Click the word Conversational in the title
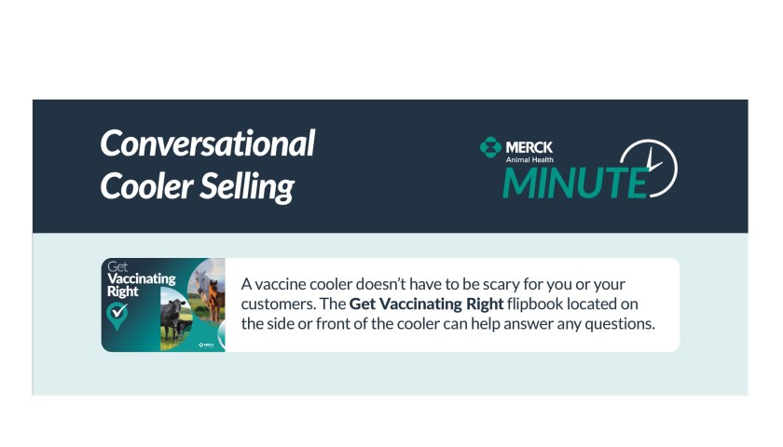coord(207,143)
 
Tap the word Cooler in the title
coord(146,186)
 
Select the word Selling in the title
coord(247,187)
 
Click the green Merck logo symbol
coord(490,147)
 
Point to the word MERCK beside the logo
coord(529,148)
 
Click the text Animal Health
coord(529,159)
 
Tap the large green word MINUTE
coord(575,183)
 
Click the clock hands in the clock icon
coord(653,162)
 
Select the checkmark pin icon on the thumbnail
coord(117,316)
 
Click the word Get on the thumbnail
coord(117,267)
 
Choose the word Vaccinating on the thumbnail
coord(142,278)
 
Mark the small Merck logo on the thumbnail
coord(206,345)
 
